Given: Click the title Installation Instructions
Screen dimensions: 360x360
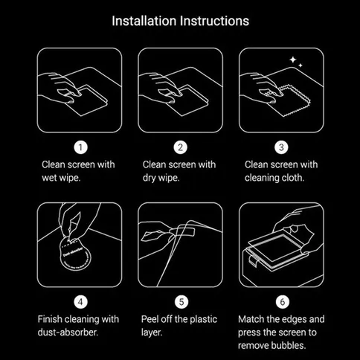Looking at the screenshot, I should click(x=180, y=20).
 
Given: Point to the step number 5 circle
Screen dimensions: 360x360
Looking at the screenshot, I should click(x=179, y=302).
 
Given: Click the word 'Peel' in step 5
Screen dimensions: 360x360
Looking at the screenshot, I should click(x=152, y=320).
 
